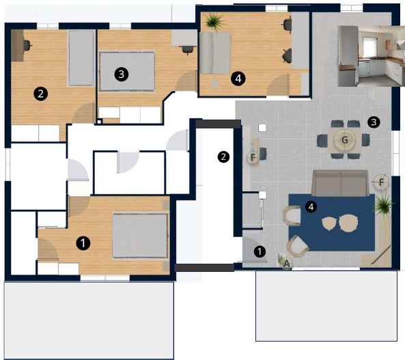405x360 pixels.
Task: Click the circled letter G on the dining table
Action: point(345,140)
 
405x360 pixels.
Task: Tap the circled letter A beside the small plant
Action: point(287,264)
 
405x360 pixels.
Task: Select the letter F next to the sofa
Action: point(382,182)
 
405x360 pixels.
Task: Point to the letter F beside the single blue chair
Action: point(253,157)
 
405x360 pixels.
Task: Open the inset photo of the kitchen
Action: point(371,56)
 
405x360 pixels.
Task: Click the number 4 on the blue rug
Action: point(311,207)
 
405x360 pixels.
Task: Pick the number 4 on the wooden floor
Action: point(238,79)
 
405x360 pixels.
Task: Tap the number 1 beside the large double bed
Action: point(83,243)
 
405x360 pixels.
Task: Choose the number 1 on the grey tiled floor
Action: point(260,251)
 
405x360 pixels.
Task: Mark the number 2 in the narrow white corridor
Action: point(223,156)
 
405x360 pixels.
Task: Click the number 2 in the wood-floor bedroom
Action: point(40,94)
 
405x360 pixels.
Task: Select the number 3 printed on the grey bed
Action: point(121,74)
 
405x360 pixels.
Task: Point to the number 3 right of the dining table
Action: point(374,122)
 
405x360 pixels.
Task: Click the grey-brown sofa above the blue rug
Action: point(340,183)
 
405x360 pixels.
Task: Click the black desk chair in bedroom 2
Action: point(27,46)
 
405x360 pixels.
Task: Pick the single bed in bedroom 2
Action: point(81,58)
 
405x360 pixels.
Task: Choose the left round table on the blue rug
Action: point(329,223)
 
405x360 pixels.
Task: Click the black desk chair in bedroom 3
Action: point(187,49)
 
